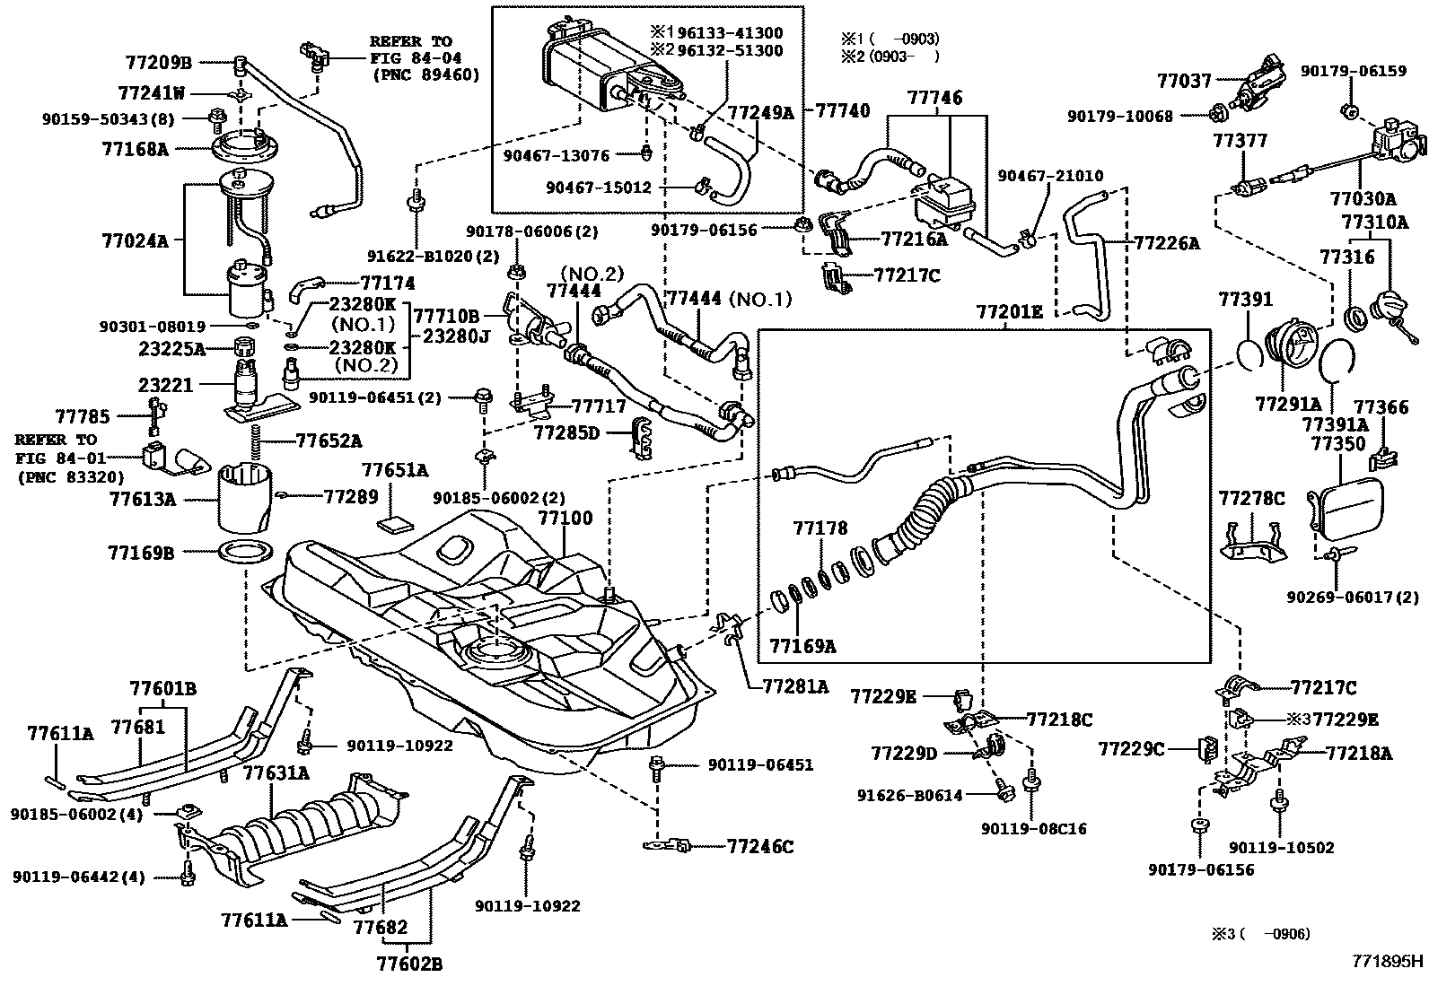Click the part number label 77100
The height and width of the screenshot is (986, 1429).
(x=565, y=518)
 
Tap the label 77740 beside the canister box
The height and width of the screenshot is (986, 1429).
(x=843, y=111)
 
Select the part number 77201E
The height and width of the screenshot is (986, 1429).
(x=1010, y=312)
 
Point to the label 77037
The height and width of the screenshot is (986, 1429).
(x=1184, y=81)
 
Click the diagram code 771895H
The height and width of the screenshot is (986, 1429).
(x=1388, y=961)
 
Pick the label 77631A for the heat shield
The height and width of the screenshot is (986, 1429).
(x=276, y=773)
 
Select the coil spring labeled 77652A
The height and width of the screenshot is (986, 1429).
(x=257, y=441)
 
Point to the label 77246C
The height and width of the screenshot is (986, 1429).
(x=760, y=847)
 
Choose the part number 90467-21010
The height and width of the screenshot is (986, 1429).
(x=1050, y=175)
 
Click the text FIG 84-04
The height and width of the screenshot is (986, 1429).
(x=416, y=58)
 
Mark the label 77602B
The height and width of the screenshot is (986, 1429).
(x=409, y=964)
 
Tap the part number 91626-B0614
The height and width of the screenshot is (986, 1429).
(x=909, y=795)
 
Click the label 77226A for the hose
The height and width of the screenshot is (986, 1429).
(x=1167, y=243)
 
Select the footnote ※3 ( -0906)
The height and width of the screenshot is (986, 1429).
(x=1261, y=934)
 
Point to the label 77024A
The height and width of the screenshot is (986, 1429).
(x=135, y=241)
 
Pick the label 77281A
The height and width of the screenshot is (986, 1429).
(x=795, y=686)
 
